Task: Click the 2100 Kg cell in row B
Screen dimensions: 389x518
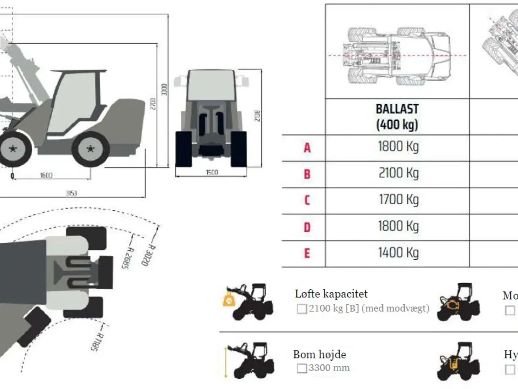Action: (398, 173)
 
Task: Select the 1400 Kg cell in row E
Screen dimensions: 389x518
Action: (398, 253)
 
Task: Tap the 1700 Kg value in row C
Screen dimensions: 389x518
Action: (398, 200)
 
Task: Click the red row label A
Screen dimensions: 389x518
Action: (307, 147)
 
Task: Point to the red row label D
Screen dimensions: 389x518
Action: (307, 227)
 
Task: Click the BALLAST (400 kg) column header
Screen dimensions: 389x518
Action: (397, 117)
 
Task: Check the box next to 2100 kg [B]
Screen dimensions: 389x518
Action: (302, 309)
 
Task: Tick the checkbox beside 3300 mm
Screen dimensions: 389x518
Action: (302, 368)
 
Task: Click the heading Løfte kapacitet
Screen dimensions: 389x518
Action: (331, 294)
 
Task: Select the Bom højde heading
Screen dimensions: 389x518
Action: (319, 355)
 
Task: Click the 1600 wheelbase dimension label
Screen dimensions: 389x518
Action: (46, 175)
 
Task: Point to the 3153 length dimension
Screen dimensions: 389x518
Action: (71, 193)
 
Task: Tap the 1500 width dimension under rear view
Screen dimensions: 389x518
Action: (212, 172)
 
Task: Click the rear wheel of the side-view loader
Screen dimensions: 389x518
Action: (90, 149)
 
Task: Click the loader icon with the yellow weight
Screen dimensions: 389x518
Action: (248, 301)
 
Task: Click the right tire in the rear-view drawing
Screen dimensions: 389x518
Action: (238, 149)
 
